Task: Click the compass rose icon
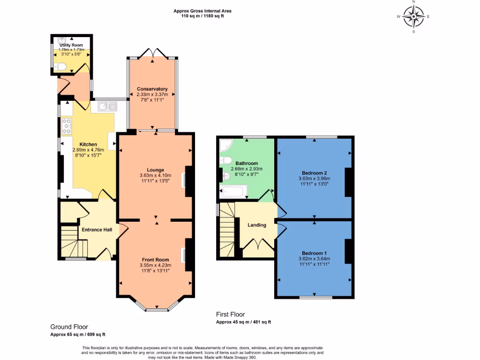413,17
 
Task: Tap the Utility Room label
71,45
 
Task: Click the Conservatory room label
152,89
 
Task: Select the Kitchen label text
88,144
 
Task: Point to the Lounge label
155,170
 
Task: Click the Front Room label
156,259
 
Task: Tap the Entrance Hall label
97,230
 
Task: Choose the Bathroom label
247,163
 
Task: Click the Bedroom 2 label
314,172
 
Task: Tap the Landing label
257,225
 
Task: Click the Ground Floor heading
69,327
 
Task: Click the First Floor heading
230,315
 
